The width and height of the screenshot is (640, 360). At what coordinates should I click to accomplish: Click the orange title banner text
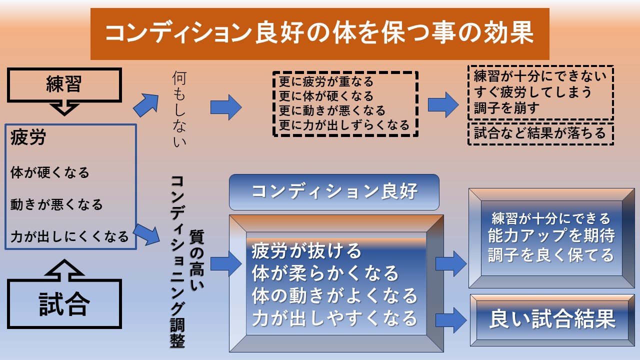click(x=319, y=33)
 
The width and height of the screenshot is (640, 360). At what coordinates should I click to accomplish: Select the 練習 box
click(x=64, y=85)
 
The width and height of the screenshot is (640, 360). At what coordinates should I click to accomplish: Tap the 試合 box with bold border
click(x=64, y=303)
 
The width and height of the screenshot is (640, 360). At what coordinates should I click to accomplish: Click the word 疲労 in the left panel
click(x=28, y=137)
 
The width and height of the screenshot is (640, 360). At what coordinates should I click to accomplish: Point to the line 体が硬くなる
click(x=49, y=172)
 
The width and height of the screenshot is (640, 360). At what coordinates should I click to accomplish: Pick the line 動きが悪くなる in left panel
click(x=56, y=204)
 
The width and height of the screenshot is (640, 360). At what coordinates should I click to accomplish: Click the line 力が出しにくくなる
click(x=69, y=236)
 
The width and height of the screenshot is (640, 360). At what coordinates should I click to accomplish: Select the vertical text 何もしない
click(x=179, y=109)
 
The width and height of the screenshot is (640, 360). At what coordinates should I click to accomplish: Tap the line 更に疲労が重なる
click(x=326, y=81)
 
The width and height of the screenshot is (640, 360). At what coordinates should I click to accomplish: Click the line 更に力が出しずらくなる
click(x=344, y=125)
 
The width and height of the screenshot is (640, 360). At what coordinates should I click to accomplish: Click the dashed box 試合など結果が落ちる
click(x=540, y=134)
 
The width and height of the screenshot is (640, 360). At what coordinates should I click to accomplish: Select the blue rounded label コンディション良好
click(x=334, y=192)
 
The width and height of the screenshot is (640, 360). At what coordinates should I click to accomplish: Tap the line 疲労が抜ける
click(x=306, y=251)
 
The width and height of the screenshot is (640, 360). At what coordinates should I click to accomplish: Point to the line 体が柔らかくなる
click(x=325, y=273)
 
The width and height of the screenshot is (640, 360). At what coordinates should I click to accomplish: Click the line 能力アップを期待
click(x=551, y=235)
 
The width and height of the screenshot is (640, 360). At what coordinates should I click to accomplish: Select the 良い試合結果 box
click(x=552, y=320)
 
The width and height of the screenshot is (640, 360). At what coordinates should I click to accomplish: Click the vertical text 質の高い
click(x=196, y=260)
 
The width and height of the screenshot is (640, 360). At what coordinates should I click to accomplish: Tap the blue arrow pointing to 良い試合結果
click(x=451, y=320)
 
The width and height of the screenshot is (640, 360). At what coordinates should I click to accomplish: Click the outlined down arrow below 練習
click(x=64, y=109)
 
